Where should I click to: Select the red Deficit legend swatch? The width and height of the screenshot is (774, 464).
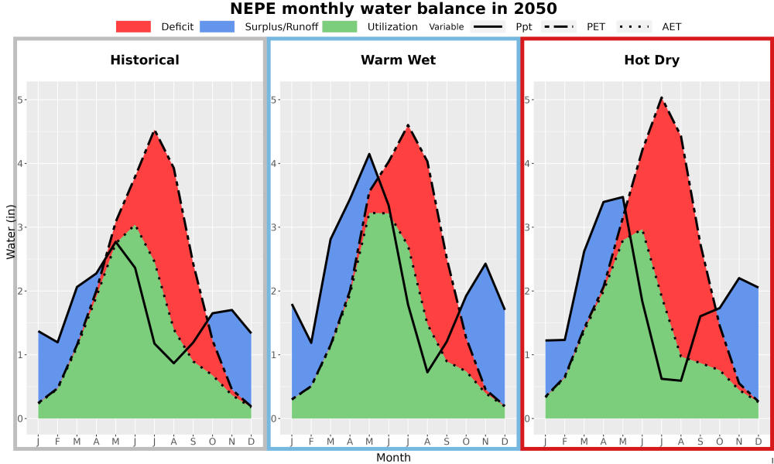pos(133,26)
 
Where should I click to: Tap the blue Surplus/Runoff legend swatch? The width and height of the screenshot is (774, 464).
pos(217,26)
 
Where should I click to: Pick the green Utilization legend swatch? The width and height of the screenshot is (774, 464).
pos(340,26)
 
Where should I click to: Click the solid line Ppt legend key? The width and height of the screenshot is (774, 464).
pos(488,26)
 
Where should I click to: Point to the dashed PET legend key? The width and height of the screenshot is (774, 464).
pos(559,26)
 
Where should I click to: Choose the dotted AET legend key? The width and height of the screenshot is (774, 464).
pos(634,26)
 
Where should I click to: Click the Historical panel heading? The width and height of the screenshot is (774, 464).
pos(145,60)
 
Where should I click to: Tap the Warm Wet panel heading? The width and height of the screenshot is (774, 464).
pos(399,60)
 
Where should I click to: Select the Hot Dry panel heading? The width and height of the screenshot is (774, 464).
pos(652,60)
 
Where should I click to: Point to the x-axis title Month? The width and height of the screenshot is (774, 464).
pos(393,458)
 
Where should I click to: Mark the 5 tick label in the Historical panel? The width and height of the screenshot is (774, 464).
pos(20,100)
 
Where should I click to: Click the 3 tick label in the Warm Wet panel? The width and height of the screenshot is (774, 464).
pos(274,227)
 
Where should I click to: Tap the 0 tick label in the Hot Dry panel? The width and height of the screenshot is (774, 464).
pos(528,418)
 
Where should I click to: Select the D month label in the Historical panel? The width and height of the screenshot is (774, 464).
pos(252,442)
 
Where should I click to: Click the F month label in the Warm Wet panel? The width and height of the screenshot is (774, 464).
pos(311,442)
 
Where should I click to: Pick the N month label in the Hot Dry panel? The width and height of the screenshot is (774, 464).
pos(739,442)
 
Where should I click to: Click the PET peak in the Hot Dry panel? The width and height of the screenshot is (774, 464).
pos(662,97)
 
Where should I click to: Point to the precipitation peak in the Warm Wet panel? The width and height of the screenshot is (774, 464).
pos(368,154)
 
